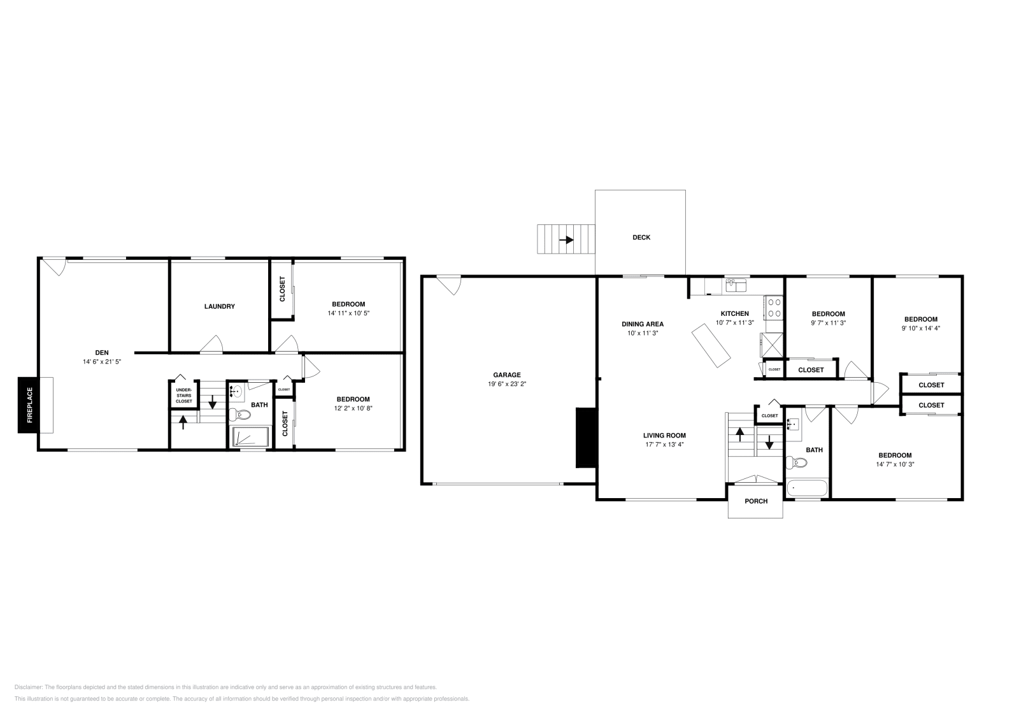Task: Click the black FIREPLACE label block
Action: click(29, 405)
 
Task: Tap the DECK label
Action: click(641, 238)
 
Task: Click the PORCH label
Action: click(756, 501)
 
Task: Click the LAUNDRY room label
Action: click(219, 306)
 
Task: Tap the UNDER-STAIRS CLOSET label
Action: click(183, 396)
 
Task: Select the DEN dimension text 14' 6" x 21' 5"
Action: click(102, 361)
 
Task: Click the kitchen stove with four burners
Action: click(774, 308)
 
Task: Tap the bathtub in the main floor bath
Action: click(807, 489)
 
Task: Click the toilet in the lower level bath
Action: click(241, 415)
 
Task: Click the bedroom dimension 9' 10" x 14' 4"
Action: click(921, 329)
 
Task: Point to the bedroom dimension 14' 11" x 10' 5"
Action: click(348, 313)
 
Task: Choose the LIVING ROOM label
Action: click(664, 436)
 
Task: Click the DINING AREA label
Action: click(643, 324)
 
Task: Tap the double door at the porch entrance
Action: click(755, 480)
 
